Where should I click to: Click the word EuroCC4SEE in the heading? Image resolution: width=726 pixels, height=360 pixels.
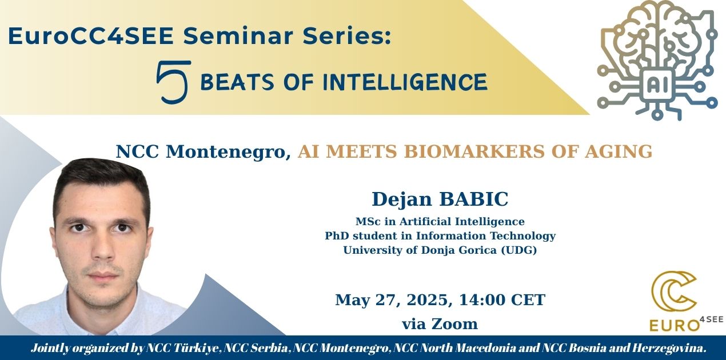pos(91,36)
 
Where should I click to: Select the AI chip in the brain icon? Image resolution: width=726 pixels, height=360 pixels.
pos(656,85)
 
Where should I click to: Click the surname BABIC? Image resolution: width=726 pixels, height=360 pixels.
pos(473,199)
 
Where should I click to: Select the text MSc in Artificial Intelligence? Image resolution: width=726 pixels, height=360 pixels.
pos(440,222)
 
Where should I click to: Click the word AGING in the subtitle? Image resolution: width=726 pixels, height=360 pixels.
pos(619,151)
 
